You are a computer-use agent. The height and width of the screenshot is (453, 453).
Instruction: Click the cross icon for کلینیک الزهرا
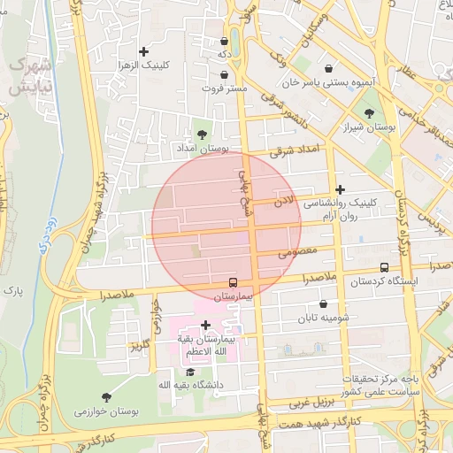144,52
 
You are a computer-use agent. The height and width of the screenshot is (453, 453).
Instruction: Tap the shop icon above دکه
224,41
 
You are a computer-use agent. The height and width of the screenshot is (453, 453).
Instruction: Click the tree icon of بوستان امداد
203,134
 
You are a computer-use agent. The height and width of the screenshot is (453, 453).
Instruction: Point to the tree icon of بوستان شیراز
369,113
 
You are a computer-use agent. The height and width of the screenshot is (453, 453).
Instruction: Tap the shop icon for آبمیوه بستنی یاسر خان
329,68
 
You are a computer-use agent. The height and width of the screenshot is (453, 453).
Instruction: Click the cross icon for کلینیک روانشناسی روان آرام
341,189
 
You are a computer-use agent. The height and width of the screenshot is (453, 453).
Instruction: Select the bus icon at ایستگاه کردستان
383,267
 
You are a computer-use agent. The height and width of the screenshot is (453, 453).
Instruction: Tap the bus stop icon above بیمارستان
233,282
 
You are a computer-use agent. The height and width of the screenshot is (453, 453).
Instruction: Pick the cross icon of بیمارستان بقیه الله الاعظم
206,326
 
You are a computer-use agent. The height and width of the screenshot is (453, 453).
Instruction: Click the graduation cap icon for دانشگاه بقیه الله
190,371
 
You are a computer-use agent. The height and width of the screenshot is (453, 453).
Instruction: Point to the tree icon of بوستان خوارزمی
106,397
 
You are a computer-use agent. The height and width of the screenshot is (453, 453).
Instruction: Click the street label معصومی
296,252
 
